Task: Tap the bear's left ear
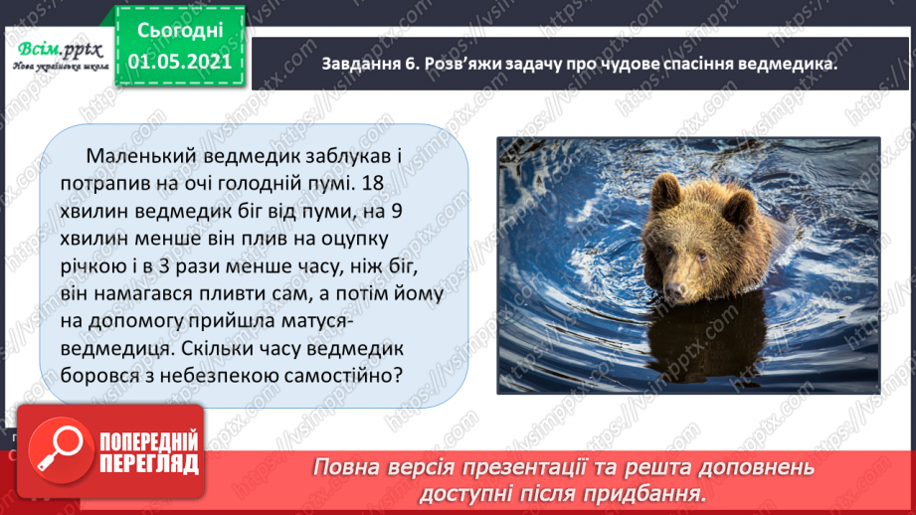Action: [738, 206]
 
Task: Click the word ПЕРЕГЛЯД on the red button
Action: [146, 464]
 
